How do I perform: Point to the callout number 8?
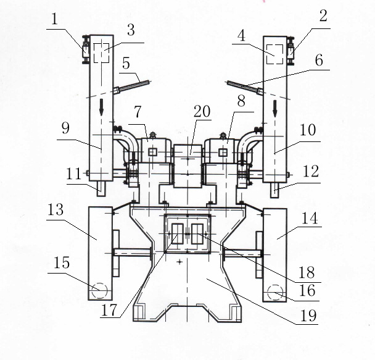point(241,98)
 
